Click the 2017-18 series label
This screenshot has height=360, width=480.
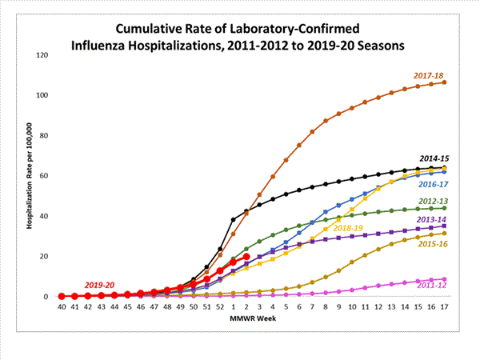(x=430, y=75)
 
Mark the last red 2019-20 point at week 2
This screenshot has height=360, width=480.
(x=246, y=257)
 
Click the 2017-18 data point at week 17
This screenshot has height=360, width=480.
(x=444, y=82)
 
